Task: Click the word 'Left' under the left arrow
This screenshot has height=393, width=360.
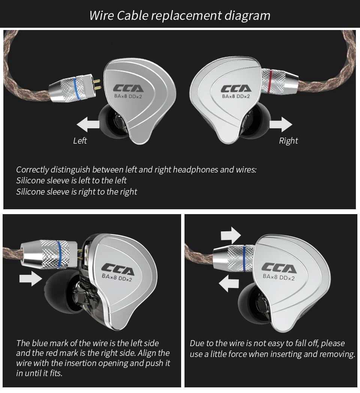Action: point(80,141)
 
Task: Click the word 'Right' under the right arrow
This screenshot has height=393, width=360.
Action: point(288,141)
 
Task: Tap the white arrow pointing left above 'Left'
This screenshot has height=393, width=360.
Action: point(88,124)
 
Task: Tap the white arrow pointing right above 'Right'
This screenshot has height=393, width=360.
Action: point(281,124)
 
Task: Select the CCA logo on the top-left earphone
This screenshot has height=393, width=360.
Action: point(128,89)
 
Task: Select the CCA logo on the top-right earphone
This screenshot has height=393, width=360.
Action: point(236,89)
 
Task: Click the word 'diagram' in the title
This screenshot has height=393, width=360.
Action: point(247,15)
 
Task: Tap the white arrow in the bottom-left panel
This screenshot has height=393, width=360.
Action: point(31,278)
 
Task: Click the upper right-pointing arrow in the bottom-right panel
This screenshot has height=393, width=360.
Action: point(231,235)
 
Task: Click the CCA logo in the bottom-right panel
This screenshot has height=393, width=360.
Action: point(278,268)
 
